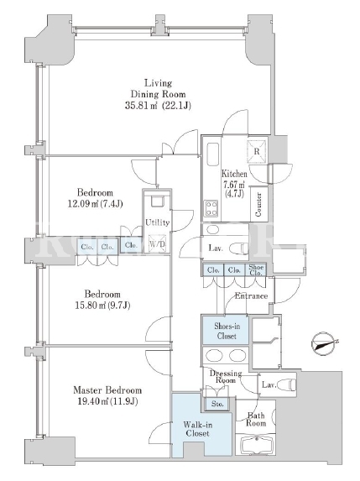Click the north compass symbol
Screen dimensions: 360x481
pyautogui.click(x=322, y=344)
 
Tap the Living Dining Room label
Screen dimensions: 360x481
pyautogui.click(x=158, y=88)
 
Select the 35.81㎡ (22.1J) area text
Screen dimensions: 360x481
pyautogui.click(x=158, y=106)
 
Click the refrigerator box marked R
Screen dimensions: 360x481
pyautogui.click(x=257, y=150)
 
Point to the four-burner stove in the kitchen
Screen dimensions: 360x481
pyautogui.click(x=211, y=208)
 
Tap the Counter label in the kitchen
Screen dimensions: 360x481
pyautogui.click(x=258, y=205)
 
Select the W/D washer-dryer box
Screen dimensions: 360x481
pyautogui.click(x=157, y=244)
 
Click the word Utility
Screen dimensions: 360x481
pyautogui.click(x=157, y=222)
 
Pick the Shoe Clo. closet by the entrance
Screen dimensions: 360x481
pyautogui.click(x=256, y=270)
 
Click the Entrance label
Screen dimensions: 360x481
pyautogui.click(x=251, y=296)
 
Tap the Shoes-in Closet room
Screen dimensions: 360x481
pyautogui.click(x=225, y=330)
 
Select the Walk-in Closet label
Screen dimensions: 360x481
pyautogui.click(x=197, y=429)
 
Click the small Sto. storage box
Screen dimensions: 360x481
pyautogui.click(x=217, y=404)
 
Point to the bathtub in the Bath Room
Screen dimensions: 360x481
pyautogui.click(x=255, y=444)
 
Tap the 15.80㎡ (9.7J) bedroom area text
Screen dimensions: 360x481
pyautogui.click(x=102, y=306)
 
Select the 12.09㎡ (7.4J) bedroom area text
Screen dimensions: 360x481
pyautogui.click(x=95, y=204)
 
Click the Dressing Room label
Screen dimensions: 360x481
pyautogui.click(x=226, y=377)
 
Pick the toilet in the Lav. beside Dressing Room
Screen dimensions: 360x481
pyautogui.click(x=287, y=384)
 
